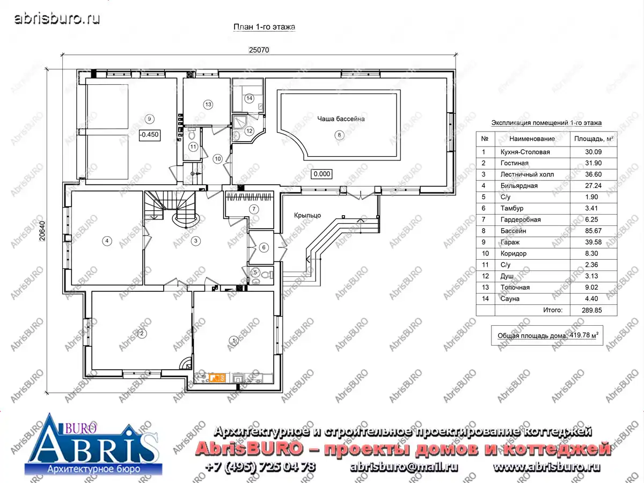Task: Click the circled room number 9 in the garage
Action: pyautogui.click(x=149, y=119)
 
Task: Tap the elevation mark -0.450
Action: pyautogui.click(x=150, y=135)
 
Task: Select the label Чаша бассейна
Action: pyautogui.click(x=341, y=119)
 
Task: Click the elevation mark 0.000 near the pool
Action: pyautogui.click(x=322, y=174)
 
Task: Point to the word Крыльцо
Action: pyautogui.click(x=308, y=216)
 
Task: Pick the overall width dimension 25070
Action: pyautogui.click(x=259, y=50)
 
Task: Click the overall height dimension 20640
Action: pyautogui.click(x=42, y=231)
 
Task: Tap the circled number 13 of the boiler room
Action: pyautogui.click(x=208, y=105)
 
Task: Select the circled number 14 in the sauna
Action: pyautogui.click(x=250, y=98)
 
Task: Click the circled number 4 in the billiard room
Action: pyautogui.click(x=107, y=241)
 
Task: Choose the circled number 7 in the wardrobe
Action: pyautogui.click(x=254, y=209)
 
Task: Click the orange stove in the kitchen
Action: pyautogui.click(x=217, y=378)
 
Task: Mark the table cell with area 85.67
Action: pyautogui.click(x=593, y=231)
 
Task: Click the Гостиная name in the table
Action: pyautogui.click(x=514, y=163)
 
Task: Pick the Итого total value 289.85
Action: pyautogui.click(x=592, y=310)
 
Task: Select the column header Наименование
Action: pyautogui.click(x=532, y=138)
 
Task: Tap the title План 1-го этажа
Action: pyautogui.click(x=265, y=27)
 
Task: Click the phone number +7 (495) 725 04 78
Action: pyautogui.click(x=260, y=467)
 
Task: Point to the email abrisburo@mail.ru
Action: pyautogui.click(x=404, y=467)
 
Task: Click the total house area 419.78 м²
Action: pyautogui.click(x=584, y=335)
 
